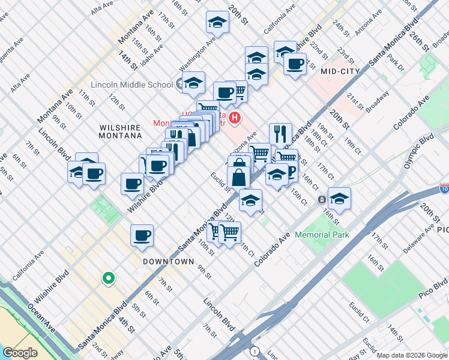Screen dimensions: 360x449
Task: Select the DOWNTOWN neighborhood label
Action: [x=168, y=262]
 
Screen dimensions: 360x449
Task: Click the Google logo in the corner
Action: [x=20, y=353]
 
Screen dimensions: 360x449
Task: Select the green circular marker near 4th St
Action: [x=108, y=278]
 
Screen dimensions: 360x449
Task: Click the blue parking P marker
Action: [x=291, y=172]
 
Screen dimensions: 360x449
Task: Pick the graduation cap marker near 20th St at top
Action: [x=217, y=23]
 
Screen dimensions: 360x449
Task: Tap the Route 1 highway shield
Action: [x=256, y=351]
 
